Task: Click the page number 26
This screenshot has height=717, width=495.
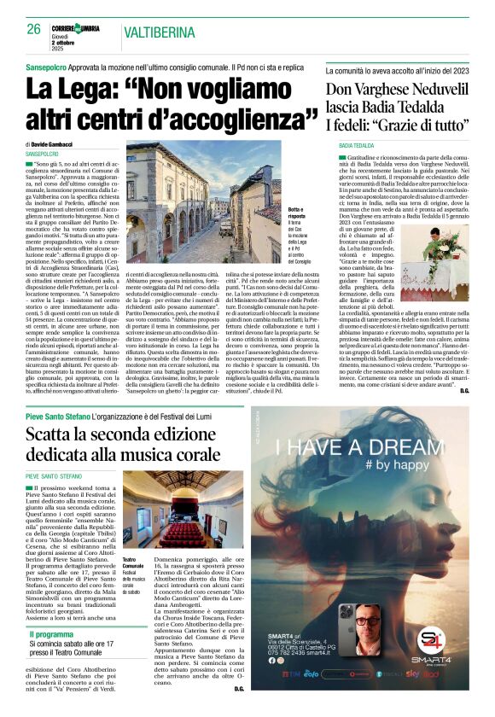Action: tap(34, 28)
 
